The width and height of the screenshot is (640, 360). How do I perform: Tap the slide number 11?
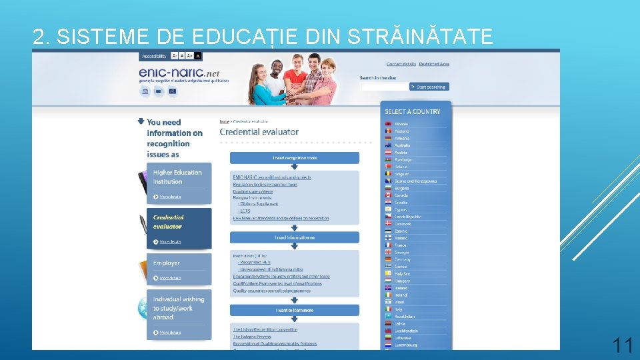(623, 345)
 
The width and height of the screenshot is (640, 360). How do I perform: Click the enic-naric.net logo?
(179, 73)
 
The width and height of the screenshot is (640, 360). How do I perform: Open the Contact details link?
(401, 64)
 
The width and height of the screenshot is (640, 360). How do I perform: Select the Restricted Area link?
(434, 64)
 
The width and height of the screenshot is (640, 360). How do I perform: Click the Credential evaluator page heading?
(259, 132)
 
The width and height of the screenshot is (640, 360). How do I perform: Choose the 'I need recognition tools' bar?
(295, 158)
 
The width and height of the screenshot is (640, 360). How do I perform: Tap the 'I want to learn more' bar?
(295, 310)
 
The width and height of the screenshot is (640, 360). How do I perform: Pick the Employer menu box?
(179, 269)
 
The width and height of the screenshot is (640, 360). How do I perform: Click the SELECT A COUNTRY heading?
(413, 111)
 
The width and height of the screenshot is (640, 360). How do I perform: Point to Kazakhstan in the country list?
(405, 317)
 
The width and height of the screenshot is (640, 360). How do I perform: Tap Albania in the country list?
(401, 124)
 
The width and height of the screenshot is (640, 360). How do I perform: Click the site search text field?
(383, 87)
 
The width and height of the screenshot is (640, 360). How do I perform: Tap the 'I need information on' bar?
(295, 237)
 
